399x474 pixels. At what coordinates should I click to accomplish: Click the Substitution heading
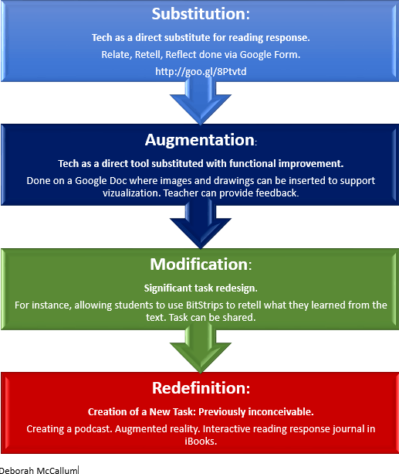[201, 14]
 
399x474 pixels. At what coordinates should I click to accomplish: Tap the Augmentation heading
[201, 140]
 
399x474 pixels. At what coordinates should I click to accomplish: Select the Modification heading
[201, 264]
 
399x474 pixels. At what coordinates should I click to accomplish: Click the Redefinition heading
[201, 388]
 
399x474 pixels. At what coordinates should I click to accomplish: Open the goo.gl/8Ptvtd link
[201, 72]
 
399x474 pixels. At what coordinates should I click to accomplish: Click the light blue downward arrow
[201, 101]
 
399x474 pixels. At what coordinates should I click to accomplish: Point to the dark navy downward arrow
[201, 225]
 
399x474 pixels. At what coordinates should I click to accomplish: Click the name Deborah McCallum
[39, 470]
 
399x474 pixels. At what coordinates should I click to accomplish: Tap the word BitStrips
[205, 305]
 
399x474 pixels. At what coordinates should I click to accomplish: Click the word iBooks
[201, 442]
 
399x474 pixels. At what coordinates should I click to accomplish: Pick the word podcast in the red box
[93, 429]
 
